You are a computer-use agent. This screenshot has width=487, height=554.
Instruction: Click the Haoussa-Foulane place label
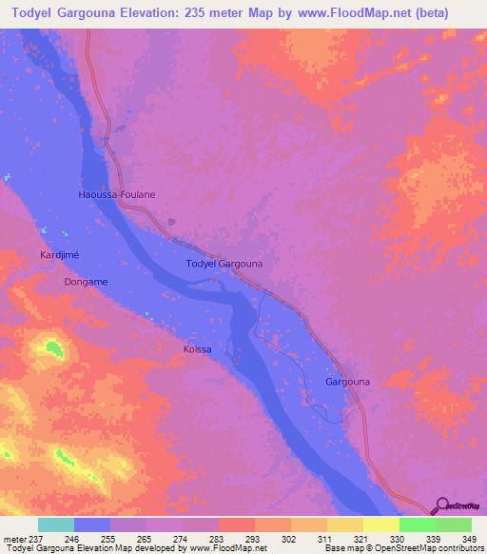[116, 194]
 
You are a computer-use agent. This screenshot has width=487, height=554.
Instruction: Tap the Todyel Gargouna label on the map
[224, 263]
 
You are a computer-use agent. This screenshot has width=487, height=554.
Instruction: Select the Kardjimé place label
[59, 256]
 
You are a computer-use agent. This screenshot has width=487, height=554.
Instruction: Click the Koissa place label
[197, 350]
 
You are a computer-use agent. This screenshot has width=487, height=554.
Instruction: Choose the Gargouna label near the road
[348, 382]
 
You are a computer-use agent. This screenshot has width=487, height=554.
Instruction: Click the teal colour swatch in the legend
[56, 524]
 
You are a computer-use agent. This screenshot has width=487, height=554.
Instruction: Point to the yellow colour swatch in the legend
[380, 524]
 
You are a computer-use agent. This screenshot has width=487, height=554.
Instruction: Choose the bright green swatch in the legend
[417, 524]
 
